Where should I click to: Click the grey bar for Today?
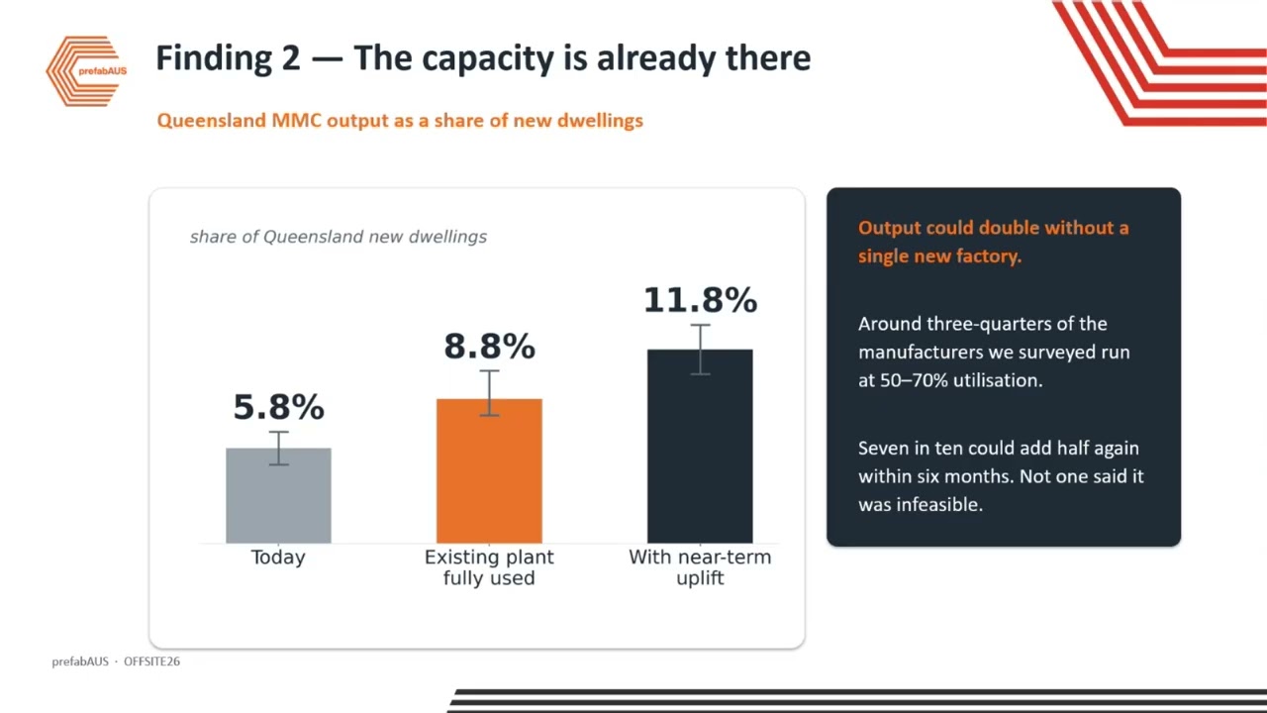tap(278, 496)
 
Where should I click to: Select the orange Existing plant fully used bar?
tap(489, 470)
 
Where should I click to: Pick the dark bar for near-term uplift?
tap(700, 446)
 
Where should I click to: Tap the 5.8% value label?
tap(279, 407)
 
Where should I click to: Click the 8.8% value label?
tap(489, 346)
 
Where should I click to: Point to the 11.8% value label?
tap(700, 300)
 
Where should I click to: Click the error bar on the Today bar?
tap(278, 449)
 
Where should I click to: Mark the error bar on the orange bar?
tap(489, 393)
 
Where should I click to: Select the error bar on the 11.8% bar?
tap(700, 350)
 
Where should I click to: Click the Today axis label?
tap(278, 558)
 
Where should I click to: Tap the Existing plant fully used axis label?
tap(489, 567)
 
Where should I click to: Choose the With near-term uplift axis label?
tap(700, 567)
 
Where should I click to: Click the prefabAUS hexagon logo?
tap(86, 71)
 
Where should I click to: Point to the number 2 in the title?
tap(291, 58)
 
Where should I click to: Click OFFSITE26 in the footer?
tap(151, 662)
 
